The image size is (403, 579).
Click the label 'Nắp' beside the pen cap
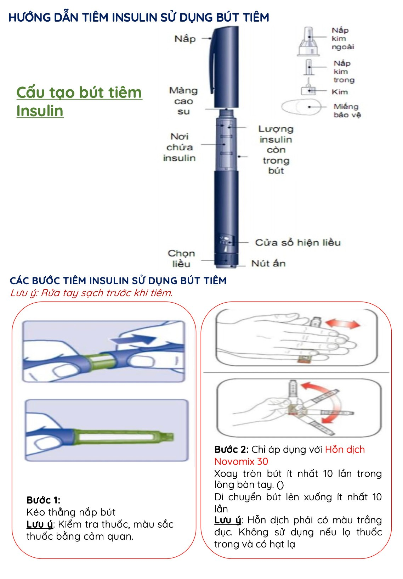tap(185, 39)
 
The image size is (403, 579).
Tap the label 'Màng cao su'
tap(183, 101)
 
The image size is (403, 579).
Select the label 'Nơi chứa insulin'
tap(179, 147)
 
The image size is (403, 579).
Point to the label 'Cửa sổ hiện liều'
tap(298, 242)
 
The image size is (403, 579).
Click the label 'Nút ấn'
tap(268, 263)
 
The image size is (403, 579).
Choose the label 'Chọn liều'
tap(181, 258)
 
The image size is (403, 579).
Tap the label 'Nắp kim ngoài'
tap(342, 39)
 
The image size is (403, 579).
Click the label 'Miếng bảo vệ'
tap(347, 111)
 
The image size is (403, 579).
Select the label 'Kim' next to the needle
tap(340, 92)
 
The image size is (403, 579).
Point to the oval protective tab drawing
tap(301, 107)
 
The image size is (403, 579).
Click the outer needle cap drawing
tap(308, 41)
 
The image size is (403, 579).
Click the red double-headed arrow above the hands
tap(342, 324)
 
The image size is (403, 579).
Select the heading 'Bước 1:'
tap(44, 500)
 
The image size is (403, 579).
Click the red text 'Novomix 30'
tap(241, 461)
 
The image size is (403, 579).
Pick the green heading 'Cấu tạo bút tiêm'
tap(79, 92)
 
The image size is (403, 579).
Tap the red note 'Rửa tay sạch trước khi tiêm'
tap(107, 293)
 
